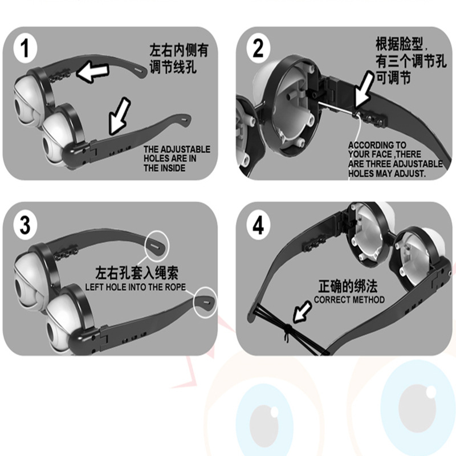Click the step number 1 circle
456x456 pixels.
pyautogui.click(x=23, y=48)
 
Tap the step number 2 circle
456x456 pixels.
pyautogui.click(x=258, y=48)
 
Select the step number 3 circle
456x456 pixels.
pyautogui.click(x=25, y=225)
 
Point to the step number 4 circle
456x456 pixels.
pyautogui.click(x=258, y=225)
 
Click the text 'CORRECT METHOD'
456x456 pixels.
pyautogui.click(x=349, y=300)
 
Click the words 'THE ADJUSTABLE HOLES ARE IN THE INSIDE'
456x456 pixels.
pyautogui.click(x=176, y=158)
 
